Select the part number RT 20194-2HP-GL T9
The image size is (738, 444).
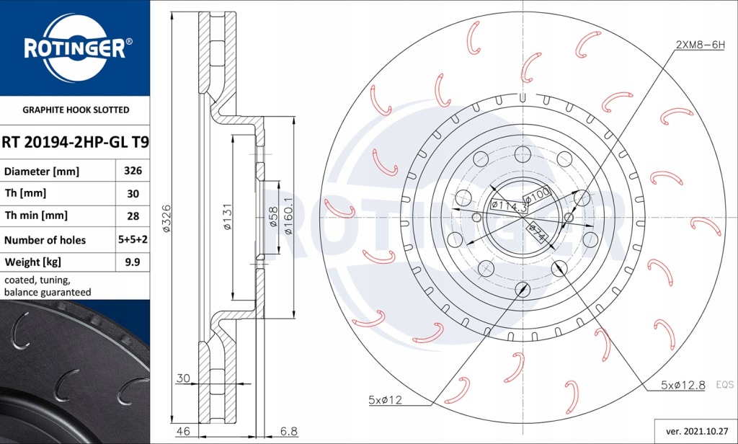point(75,143)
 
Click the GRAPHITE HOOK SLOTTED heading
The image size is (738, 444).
point(76,110)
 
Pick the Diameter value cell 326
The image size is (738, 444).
point(133,172)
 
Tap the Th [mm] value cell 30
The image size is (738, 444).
point(133,194)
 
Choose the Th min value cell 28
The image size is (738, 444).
point(133,216)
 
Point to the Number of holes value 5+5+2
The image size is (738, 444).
point(133,240)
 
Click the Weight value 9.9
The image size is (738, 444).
point(133,262)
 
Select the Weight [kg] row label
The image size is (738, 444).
point(32,262)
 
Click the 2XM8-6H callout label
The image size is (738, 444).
point(700,45)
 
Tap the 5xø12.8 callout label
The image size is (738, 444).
point(683,386)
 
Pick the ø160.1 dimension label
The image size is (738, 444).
point(288,216)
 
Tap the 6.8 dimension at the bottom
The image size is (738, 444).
point(288,431)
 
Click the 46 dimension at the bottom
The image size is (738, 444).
point(184,431)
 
